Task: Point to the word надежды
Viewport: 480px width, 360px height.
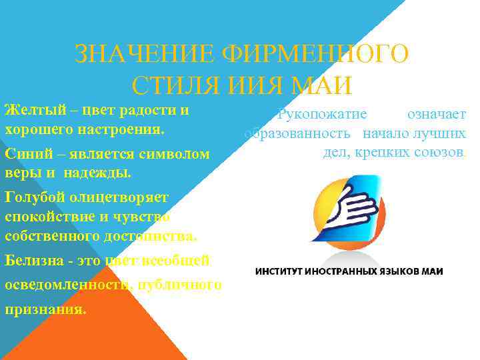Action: coord(99,173)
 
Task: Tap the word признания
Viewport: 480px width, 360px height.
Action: coord(45,309)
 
